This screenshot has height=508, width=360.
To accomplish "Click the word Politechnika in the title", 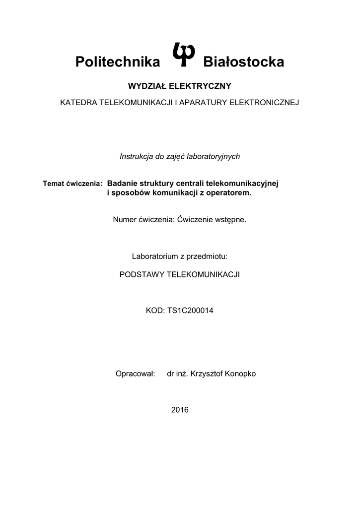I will click(118, 62).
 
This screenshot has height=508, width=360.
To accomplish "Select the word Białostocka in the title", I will click(244, 62).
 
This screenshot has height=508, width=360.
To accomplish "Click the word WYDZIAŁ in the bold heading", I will click(148, 86).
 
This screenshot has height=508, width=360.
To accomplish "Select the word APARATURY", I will click(201, 103).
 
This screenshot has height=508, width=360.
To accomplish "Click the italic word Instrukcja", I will click(137, 156).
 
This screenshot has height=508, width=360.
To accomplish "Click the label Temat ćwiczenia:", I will click(72, 184).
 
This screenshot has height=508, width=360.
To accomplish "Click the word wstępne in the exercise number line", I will click(230, 219).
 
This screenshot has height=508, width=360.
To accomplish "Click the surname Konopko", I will click(240, 374).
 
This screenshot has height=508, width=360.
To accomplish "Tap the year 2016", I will click(180, 410).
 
